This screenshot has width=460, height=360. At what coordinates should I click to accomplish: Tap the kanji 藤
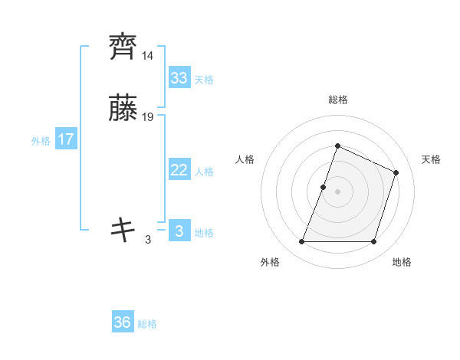123,109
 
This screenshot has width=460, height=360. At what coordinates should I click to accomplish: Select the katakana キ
123,229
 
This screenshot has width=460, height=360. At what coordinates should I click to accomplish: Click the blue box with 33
179,78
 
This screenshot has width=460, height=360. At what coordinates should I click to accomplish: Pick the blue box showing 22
179,170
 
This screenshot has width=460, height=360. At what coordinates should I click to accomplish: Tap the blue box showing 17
66,140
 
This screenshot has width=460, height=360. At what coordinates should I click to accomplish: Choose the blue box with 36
123,322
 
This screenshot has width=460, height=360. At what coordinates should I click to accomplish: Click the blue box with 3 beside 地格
179,231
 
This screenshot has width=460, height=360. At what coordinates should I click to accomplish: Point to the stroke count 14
147,56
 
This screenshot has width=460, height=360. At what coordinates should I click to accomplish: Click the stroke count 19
148,117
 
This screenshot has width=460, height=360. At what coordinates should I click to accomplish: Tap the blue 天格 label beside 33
204,80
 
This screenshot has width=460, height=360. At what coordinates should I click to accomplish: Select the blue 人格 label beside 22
204,172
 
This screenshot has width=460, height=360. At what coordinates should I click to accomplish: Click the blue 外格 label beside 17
41,141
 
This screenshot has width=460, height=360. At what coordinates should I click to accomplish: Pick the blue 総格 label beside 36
147,324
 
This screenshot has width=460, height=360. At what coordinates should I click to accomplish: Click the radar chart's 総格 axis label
337,100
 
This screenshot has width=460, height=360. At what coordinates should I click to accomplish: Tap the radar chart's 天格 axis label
431,159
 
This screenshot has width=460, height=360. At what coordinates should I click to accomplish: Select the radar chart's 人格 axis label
245,159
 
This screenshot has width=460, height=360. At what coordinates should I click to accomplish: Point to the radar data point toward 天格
396,172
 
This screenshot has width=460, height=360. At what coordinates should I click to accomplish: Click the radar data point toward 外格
301,242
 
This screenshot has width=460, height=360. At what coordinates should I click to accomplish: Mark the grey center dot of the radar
337,191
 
